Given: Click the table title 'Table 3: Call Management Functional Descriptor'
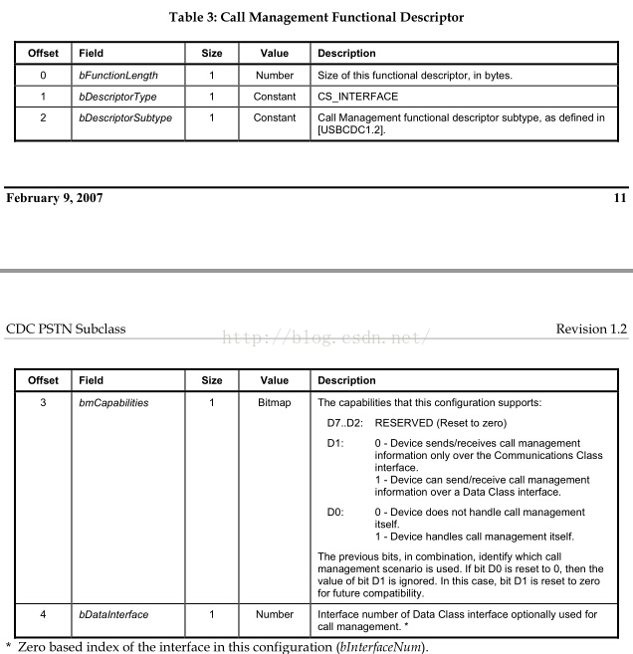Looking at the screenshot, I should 316,18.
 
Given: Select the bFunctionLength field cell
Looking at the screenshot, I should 117,75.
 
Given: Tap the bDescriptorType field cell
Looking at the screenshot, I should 117,97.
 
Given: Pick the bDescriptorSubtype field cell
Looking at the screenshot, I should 125,117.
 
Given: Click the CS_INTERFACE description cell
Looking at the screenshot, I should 357,97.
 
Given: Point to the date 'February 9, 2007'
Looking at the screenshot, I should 55,197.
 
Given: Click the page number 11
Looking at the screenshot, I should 620,197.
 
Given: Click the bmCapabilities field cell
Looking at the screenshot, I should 113,403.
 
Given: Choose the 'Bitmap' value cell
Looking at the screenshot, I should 275,403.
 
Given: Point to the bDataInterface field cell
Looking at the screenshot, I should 113,614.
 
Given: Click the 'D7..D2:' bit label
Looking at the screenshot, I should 345,422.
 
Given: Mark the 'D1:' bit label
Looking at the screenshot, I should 335,443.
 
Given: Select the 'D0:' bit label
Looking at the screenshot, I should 335,513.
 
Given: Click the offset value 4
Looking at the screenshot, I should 43,614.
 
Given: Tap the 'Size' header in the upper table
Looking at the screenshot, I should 212,53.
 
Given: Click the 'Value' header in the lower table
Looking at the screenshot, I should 275,380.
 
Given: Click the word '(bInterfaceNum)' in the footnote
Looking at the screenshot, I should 382,647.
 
